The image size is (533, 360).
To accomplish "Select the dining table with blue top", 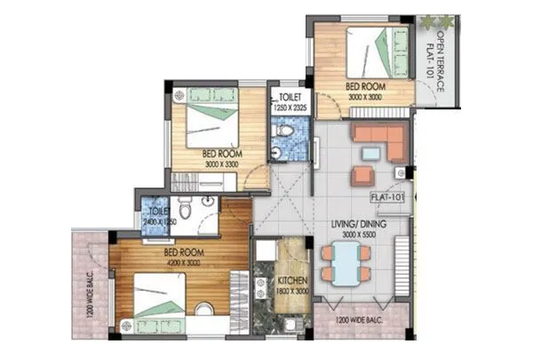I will pyautogui.click(x=343, y=263).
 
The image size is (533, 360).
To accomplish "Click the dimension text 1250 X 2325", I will pyautogui.click(x=290, y=107).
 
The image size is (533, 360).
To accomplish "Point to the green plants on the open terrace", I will pyautogui.click(x=436, y=20).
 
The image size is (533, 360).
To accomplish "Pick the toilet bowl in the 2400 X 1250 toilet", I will pyautogui.click(x=185, y=212).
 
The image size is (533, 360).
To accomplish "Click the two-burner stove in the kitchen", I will pyautogui.click(x=262, y=285).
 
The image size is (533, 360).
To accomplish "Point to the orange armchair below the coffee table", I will pyautogui.click(x=366, y=172).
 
